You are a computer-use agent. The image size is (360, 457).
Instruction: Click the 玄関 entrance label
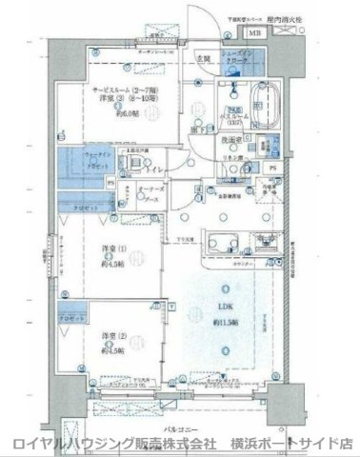pyautogui.click(x=203, y=59)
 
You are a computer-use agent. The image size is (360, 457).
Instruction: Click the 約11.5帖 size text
pyautogui.click(x=225, y=323)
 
